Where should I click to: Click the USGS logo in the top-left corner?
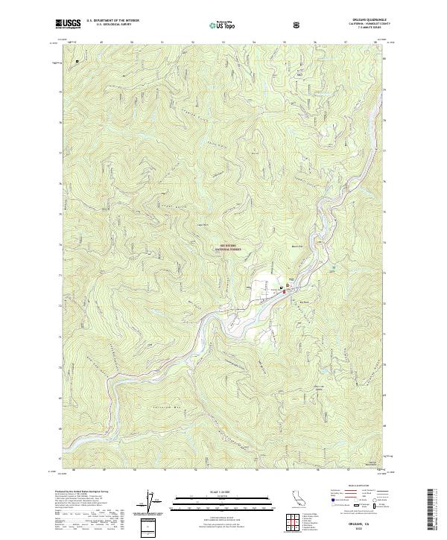coord(68,25)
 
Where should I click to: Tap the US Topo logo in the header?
coord(225,25)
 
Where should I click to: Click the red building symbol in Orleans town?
coord(284,292)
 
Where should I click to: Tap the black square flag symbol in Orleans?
coord(280,288)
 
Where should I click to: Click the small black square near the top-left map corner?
coord(76,61)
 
